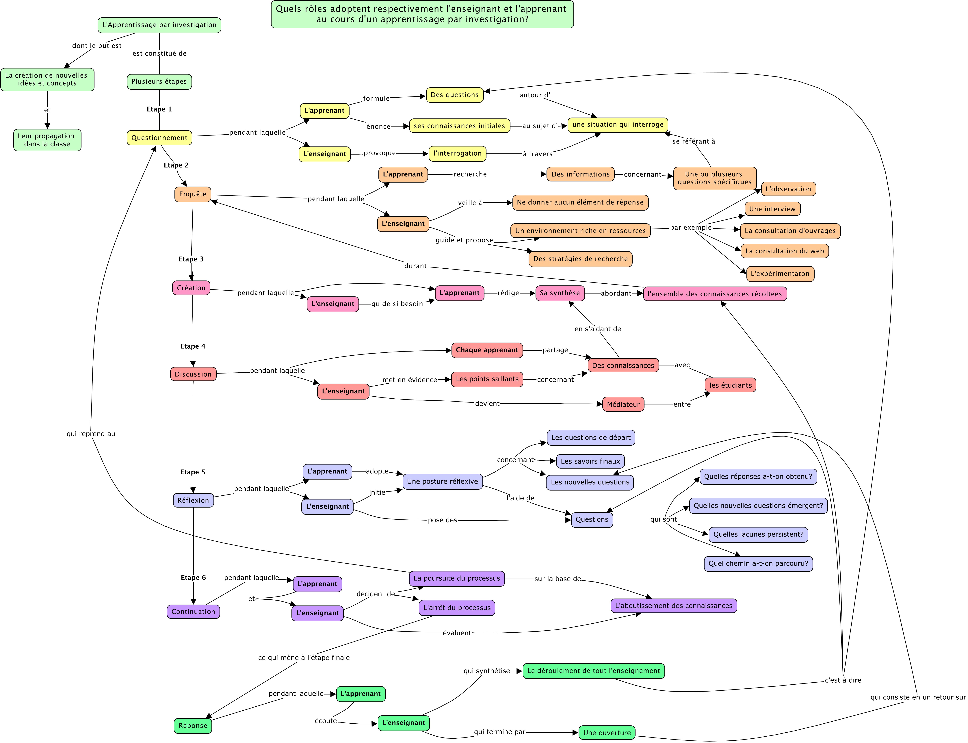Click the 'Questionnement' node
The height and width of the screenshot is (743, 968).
(x=159, y=138)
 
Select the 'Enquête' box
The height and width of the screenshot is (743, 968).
(x=193, y=194)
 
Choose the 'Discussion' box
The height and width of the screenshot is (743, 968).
(x=193, y=374)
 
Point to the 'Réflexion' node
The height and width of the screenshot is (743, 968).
(x=193, y=500)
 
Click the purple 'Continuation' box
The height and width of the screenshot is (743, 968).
(x=193, y=612)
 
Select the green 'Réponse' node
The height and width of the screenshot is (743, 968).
(x=193, y=725)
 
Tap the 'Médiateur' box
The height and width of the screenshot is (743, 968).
(x=623, y=404)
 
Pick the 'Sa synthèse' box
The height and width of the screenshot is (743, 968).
(x=560, y=293)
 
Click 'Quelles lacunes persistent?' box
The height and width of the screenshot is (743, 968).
(x=758, y=534)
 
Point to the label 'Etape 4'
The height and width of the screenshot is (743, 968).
(x=193, y=346)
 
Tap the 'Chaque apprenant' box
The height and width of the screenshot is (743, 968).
(x=487, y=350)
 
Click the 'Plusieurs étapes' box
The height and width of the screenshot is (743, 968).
(x=159, y=81)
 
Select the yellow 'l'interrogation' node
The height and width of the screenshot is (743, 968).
(x=457, y=153)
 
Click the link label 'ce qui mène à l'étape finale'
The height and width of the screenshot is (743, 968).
(x=304, y=658)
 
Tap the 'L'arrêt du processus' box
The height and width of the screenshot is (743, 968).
(x=457, y=608)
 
